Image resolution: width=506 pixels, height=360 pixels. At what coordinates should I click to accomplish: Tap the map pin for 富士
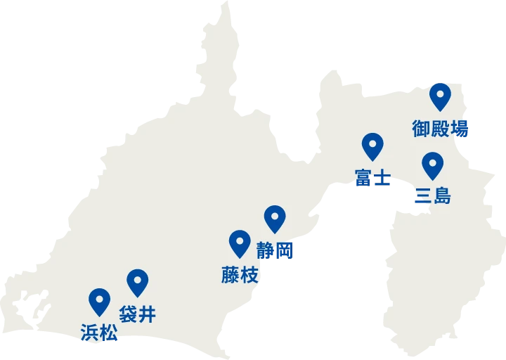click(x=372, y=145)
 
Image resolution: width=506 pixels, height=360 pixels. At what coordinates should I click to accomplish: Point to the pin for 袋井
click(x=138, y=281)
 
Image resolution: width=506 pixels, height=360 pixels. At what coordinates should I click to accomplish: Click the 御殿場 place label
click(x=440, y=129)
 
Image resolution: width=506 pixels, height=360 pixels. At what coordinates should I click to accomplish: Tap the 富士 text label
click(x=372, y=178)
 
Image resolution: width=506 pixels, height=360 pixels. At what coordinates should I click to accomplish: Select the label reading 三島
click(x=433, y=196)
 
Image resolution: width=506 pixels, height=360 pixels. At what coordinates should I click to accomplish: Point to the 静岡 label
click(x=274, y=250)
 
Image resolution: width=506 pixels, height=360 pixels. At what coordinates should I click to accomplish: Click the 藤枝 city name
click(x=240, y=275)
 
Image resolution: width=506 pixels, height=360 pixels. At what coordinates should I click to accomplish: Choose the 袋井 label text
click(x=138, y=314)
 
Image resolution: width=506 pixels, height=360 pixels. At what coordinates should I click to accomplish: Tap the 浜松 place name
click(x=99, y=333)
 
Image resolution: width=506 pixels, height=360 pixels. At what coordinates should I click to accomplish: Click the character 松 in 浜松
click(x=108, y=333)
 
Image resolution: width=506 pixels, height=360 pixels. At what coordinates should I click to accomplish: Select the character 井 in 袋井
click(x=147, y=314)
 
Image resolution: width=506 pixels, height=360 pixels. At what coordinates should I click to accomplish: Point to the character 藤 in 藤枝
click(x=231, y=275)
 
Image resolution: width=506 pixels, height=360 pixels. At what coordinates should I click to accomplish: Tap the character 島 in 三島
click(x=442, y=196)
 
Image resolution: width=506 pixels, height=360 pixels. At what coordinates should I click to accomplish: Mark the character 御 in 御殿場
click(x=422, y=129)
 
